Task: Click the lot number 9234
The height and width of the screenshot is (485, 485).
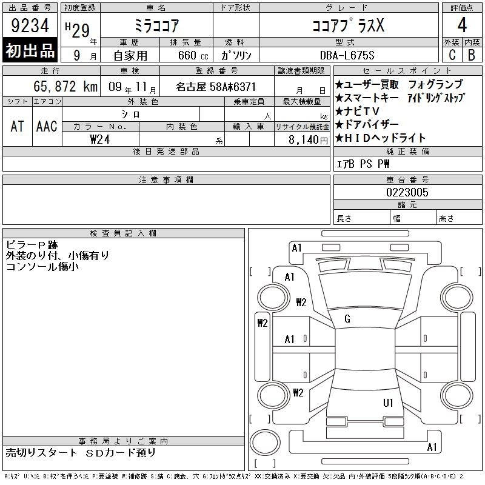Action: [30, 25]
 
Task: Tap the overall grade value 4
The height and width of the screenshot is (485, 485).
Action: [462, 25]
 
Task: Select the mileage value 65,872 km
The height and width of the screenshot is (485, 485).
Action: [65, 86]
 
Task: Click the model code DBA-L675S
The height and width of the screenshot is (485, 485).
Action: [347, 55]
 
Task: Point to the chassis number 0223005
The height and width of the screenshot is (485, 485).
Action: [407, 192]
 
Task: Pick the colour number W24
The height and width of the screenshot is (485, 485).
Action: [100, 139]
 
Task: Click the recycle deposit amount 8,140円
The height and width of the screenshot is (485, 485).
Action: [308, 139]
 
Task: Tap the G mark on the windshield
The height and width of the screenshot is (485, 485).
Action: [347, 319]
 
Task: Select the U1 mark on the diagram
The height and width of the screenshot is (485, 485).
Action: [388, 403]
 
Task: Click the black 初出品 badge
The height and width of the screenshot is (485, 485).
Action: [30, 50]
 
